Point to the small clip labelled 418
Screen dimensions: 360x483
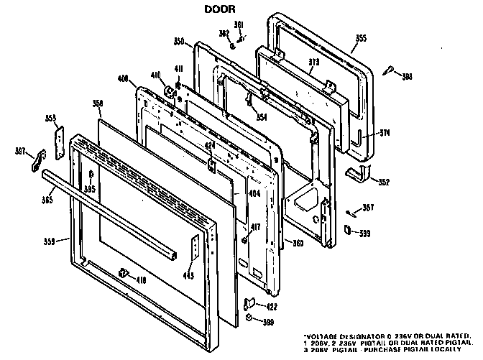coord(123,274)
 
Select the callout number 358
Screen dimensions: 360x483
coord(98,103)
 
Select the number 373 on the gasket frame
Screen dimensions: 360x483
coord(293,63)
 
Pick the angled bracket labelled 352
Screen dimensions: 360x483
coord(354,173)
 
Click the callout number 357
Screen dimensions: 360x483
coord(369,207)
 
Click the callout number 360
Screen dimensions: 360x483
coord(296,244)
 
